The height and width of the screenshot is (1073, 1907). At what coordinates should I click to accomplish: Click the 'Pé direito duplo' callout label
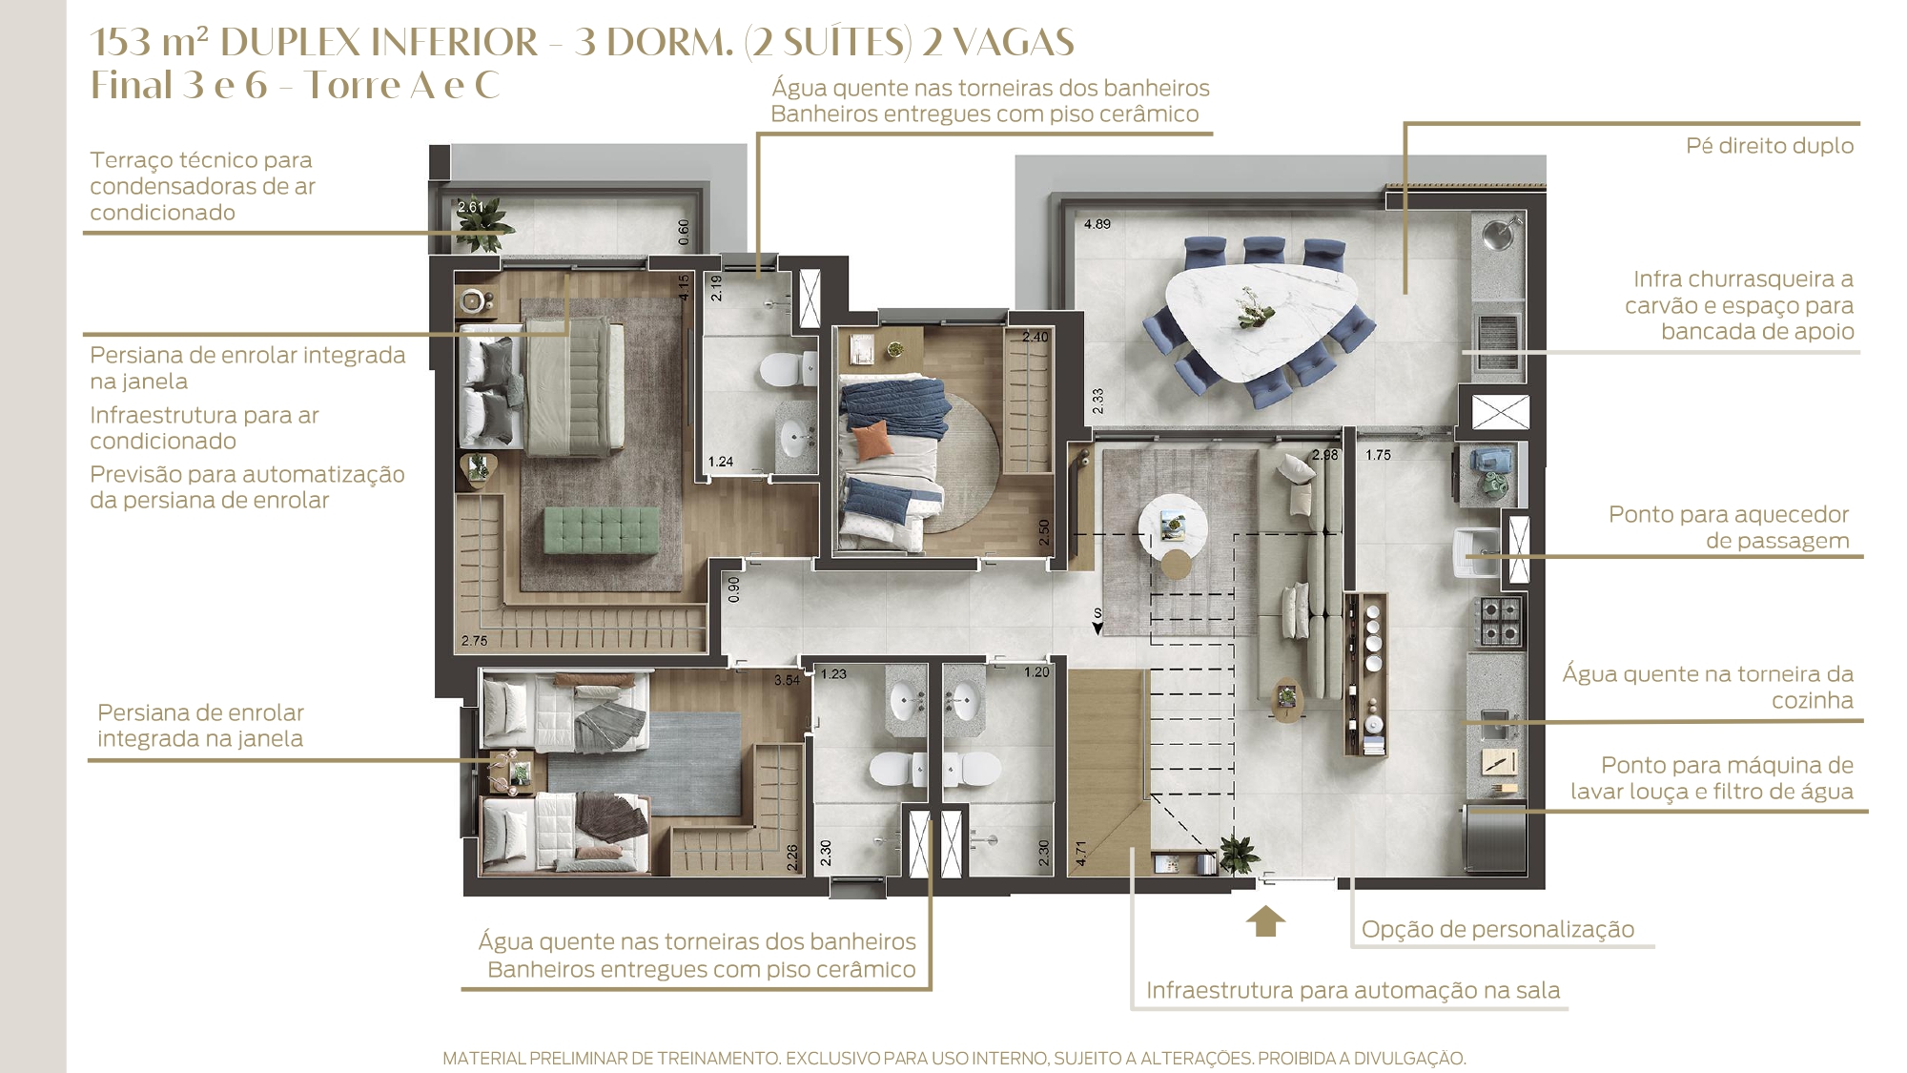pyautogui.click(x=1770, y=146)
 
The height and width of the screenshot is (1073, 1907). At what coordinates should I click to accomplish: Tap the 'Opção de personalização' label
pyautogui.click(x=1498, y=929)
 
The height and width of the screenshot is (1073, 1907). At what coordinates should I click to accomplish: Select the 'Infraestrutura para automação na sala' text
pyautogui.click(x=1353, y=990)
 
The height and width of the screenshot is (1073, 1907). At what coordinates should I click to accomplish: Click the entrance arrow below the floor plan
pyautogui.click(x=1265, y=921)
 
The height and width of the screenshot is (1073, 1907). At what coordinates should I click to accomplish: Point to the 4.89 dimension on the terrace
pyautogui.click(x=1097, y=224)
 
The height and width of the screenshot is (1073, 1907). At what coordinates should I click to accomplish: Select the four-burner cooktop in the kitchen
pyautogui.click(x=1499, y=620)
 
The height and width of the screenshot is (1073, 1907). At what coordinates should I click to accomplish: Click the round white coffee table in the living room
pyautogui.click(x=1173, y=526)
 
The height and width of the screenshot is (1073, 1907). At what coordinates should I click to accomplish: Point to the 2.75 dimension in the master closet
pyautogui.click(x=474, y=641)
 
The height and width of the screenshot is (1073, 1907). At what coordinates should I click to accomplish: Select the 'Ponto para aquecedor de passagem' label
pyautogui.click(x=1729, y=527)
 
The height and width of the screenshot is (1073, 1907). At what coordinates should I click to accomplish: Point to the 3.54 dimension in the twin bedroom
pyautogui.click(x=787, y=680)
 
